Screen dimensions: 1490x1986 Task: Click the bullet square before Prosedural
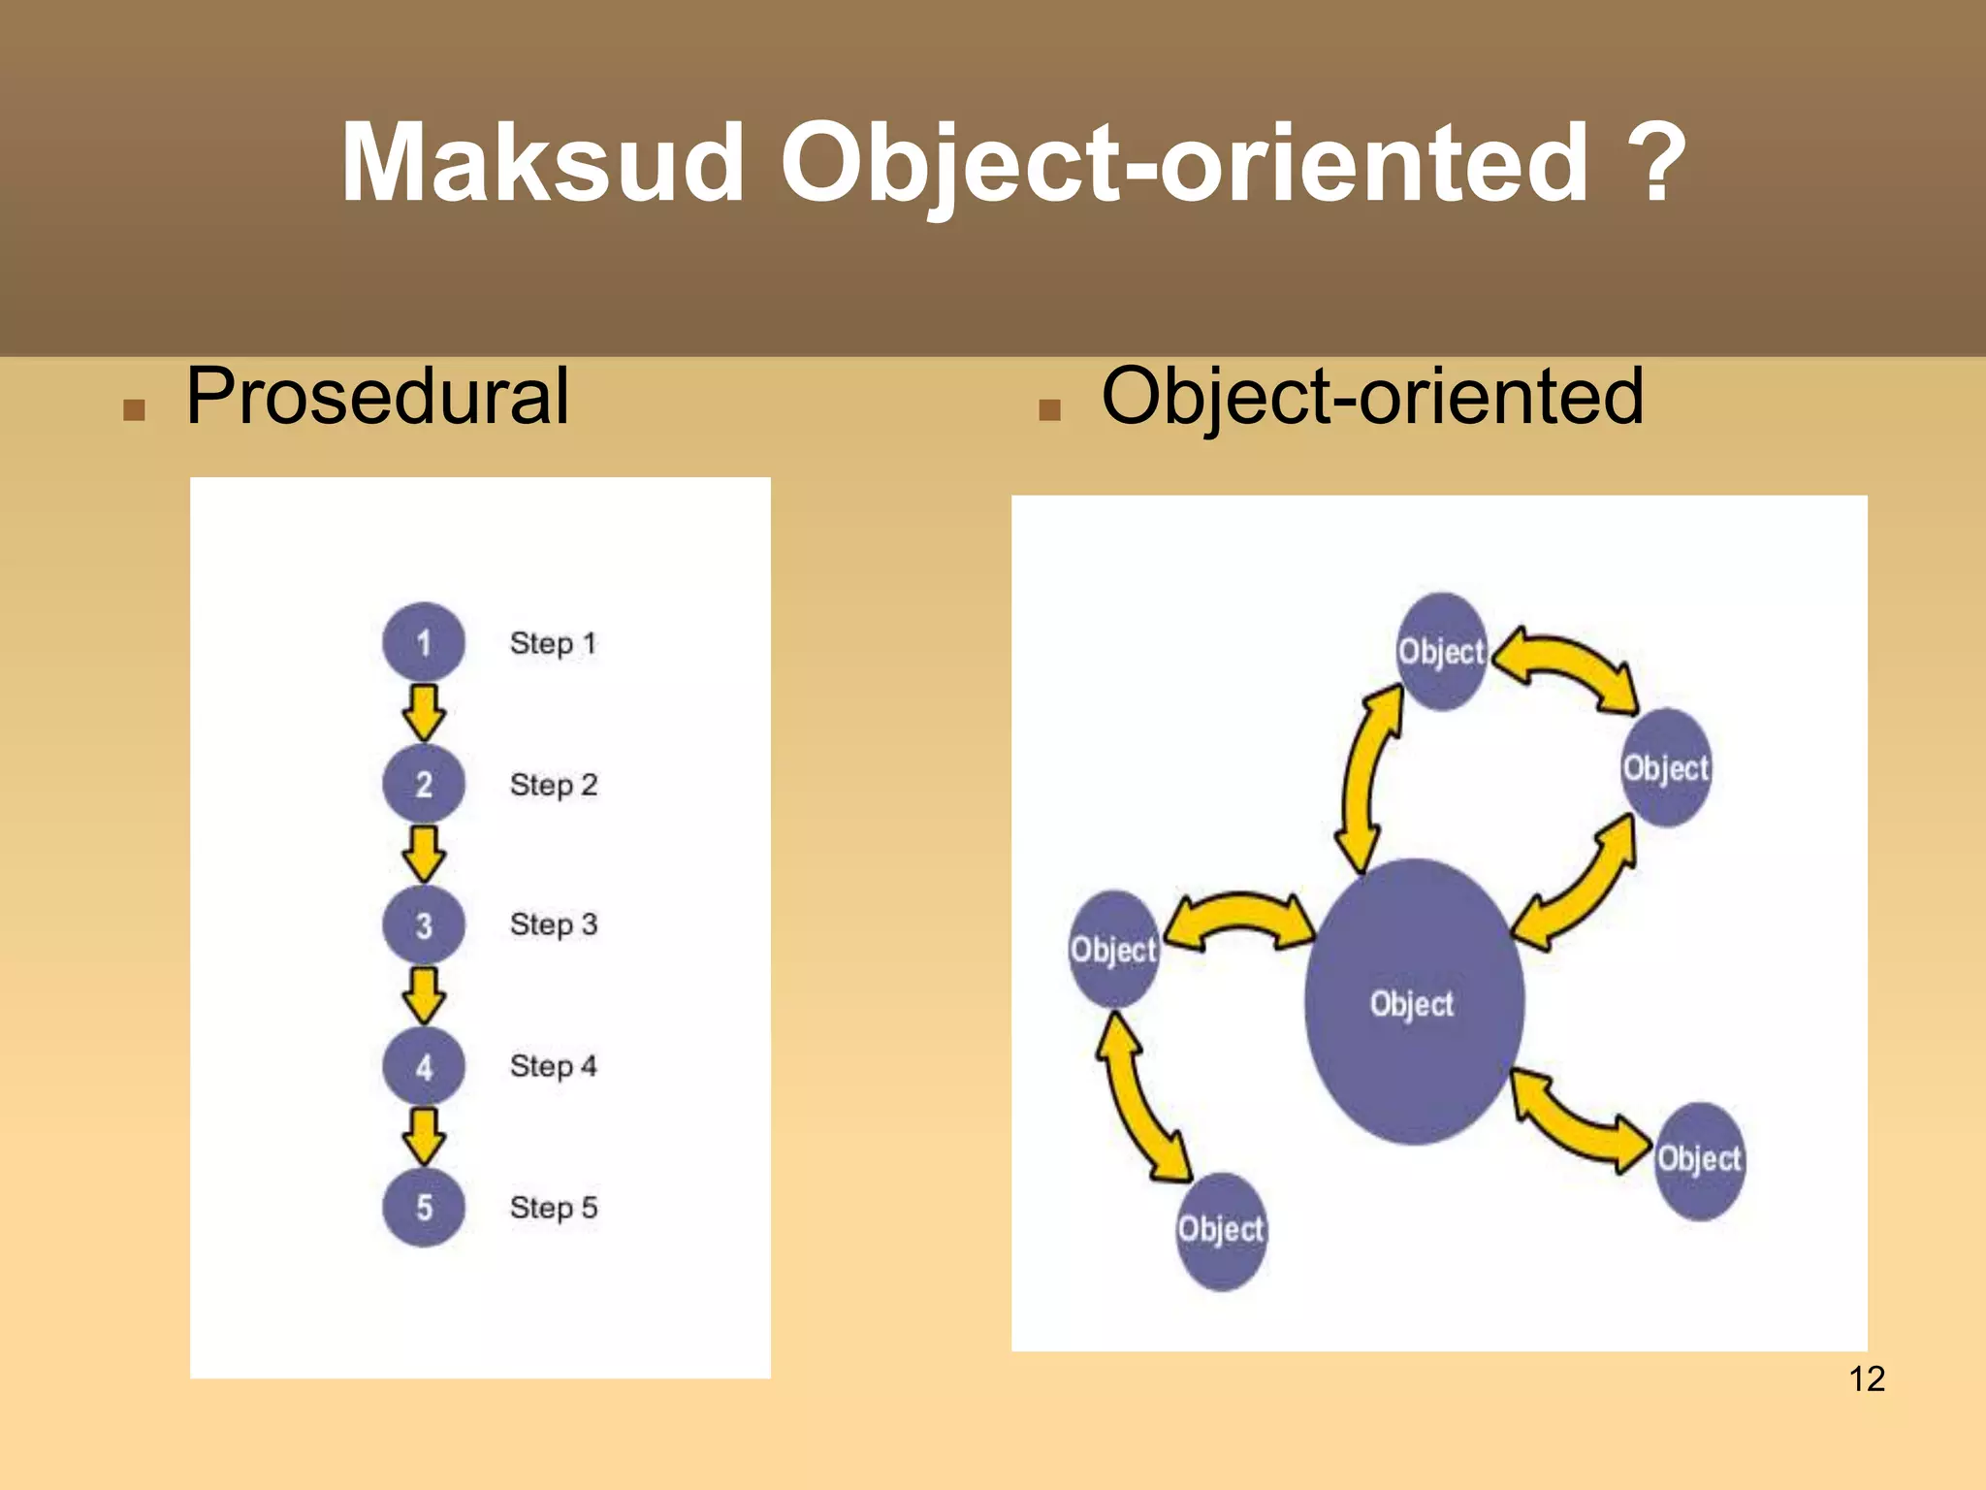134,410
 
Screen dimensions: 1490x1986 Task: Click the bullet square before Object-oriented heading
1049,410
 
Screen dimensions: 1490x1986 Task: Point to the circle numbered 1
424,642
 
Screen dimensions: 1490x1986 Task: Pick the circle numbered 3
424,924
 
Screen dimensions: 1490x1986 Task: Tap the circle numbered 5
424,1208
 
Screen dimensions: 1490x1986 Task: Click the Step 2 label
554,784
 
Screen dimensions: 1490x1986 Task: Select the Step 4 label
554,1066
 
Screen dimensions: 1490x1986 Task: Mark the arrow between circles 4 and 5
424,1136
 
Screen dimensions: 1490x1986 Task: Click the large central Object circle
1413,1002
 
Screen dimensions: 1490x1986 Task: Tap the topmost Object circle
1442,651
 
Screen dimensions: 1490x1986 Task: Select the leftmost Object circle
1113,949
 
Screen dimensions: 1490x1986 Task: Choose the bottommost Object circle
1221,1230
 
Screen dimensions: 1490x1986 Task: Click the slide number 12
1867,1378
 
